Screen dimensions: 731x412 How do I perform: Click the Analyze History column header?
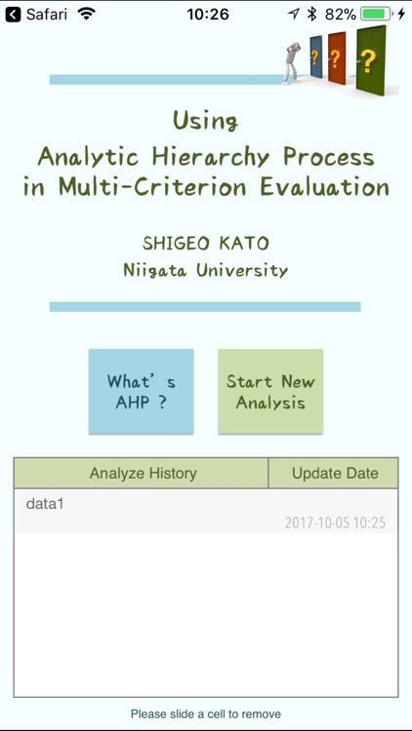click(x=143, y=473)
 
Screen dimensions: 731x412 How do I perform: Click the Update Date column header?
click(x=334, y=473)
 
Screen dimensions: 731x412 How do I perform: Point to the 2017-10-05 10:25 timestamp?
click(x=334, y=523)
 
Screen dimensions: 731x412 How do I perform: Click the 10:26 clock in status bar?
click(x=207, y=15)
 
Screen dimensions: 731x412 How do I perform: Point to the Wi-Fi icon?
click(x=87, y=15)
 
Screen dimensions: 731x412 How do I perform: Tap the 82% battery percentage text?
click(x=340, y=15)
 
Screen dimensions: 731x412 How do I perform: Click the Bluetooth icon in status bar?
click(x=312, y=15)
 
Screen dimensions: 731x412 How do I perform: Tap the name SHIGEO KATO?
click(x=205, y=242)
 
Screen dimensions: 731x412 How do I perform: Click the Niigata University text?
click(x=205, y=270)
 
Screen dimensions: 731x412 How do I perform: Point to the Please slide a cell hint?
click(x=205, y=714)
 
